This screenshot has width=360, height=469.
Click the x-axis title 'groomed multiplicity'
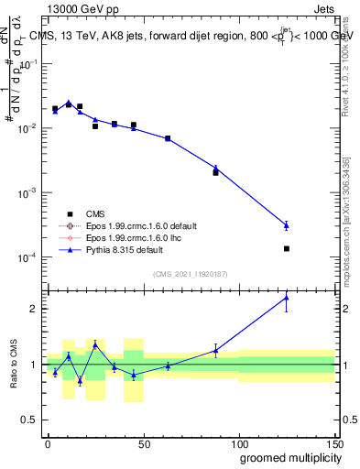coord(286,457)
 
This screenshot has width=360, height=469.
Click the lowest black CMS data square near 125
coord(287,248)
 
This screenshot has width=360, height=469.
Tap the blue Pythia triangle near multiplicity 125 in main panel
coord(287,224)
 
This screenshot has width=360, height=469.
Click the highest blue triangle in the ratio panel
coord(287,297)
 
